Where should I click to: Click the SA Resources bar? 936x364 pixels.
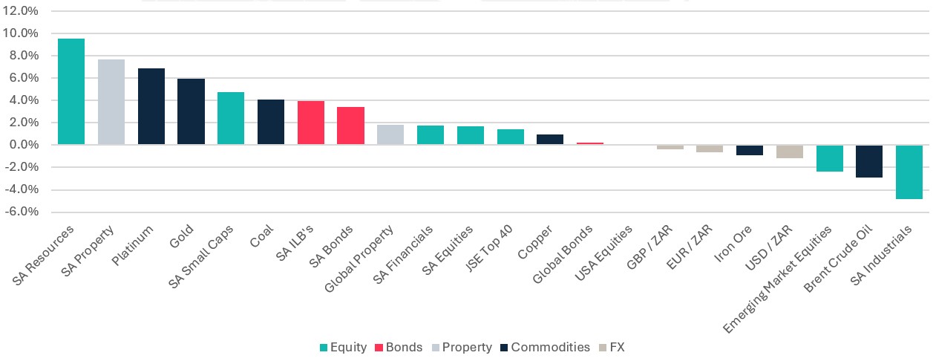click(x=71, y=91)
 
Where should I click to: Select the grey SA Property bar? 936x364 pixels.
click(x=111, y=102)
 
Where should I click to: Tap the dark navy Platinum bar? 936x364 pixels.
click(x=151, y=106)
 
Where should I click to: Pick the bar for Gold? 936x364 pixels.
click(x=191, y=111)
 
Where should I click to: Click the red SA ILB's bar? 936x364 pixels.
click(x=311, y=123)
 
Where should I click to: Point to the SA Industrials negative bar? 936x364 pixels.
click(x=909, y=172)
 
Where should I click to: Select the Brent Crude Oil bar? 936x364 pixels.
click(x=869, y=161)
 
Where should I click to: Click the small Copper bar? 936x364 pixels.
click(x=550, y=140)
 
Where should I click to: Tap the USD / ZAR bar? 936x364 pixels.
click(x=789, y=152)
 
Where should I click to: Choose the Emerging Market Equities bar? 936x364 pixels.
click(x=829, y=158)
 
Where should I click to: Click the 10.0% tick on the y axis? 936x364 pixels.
click(x=20, y=33)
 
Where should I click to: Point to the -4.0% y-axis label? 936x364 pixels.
click(x=22, y=189)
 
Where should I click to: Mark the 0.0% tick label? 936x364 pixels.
click(x=24, y=145)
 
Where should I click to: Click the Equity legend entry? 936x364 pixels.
click(x=343, y=347)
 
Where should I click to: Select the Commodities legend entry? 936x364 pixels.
click(x=545, y=347)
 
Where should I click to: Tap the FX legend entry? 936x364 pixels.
click(x=612, y=347)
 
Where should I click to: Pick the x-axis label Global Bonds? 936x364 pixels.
click(x=563, y=254)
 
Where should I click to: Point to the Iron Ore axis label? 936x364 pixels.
click(x=733, y=244)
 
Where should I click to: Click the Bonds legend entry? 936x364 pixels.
click(x=399, y=347)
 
